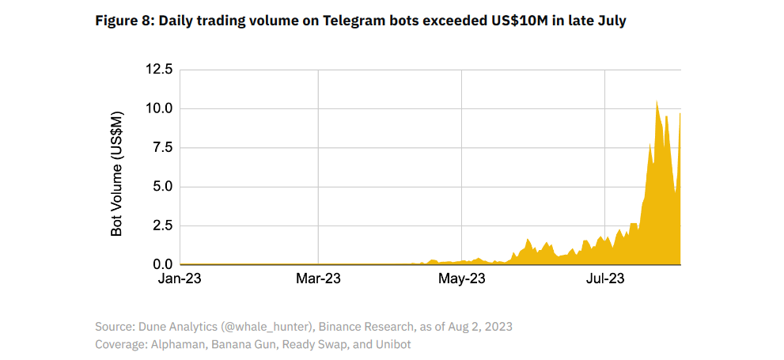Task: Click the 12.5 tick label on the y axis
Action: tap(158, 70)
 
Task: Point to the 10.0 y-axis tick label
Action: tap(158, 108)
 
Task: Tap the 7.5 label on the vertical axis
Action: tap(161, 147)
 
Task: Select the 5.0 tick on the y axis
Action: tap(161, 187)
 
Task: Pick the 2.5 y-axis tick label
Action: tap(161, 225)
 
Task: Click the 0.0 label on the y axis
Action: tap(161, 264)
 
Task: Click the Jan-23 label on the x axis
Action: tap(180, 279)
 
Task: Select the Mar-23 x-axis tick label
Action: tap(317, 279)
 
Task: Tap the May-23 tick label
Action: tap(461, 279)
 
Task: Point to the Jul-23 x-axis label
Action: tap(604, 279)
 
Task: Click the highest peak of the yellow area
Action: tap(657, 101)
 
